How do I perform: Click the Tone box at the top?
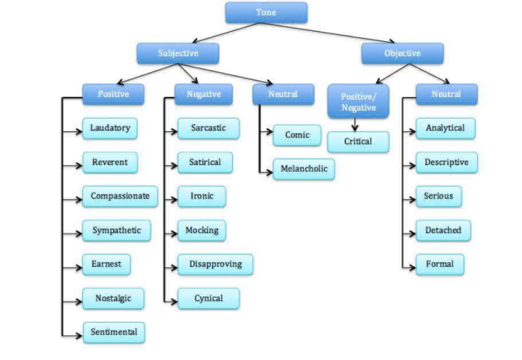tap(266, 12)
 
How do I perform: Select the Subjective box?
tap(177, 53)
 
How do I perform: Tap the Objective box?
tap(402, 53)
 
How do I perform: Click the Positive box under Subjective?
tap(113, 94)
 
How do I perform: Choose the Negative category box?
tap(203, 94)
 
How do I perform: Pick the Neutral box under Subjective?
tap(283, 93)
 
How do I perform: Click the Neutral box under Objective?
tap(446, 94)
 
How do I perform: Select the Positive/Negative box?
tap(357, 101)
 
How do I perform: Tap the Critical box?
tap(357, 142)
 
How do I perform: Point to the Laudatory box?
tap(110, 128)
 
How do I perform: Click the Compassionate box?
tap(120, 196)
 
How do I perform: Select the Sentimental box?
tap(114, 332)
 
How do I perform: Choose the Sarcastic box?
tap(208, 128)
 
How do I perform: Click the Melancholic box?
tap(304, 169)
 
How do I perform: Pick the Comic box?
tap(297, 135)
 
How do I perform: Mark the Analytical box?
tap(445, 128)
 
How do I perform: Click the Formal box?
tap(440, 264)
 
